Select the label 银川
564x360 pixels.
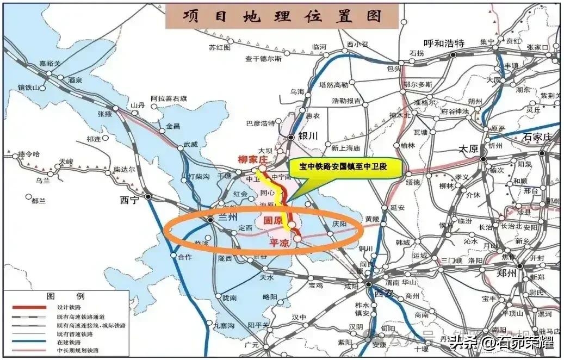tap(308, 137)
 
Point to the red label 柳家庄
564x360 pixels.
tap(254, 160)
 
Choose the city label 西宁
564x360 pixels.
tap(129, 200)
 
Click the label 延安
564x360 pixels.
tap(398, 207)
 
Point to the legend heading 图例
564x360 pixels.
tap(66, 297)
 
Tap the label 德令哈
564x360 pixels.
tap(29, 154)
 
